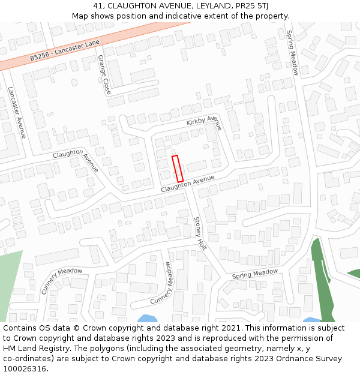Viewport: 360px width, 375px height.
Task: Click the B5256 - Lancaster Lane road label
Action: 65,51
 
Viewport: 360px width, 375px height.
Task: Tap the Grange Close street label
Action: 104,74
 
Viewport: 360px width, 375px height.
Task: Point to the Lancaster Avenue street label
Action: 17,113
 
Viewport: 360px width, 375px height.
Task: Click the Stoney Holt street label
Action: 200,233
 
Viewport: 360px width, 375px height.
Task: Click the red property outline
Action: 178,169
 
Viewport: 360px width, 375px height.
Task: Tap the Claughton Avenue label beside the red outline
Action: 187,184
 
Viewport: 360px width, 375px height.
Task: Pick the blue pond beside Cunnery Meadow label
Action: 148,319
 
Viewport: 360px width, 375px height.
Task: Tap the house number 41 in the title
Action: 98,6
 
